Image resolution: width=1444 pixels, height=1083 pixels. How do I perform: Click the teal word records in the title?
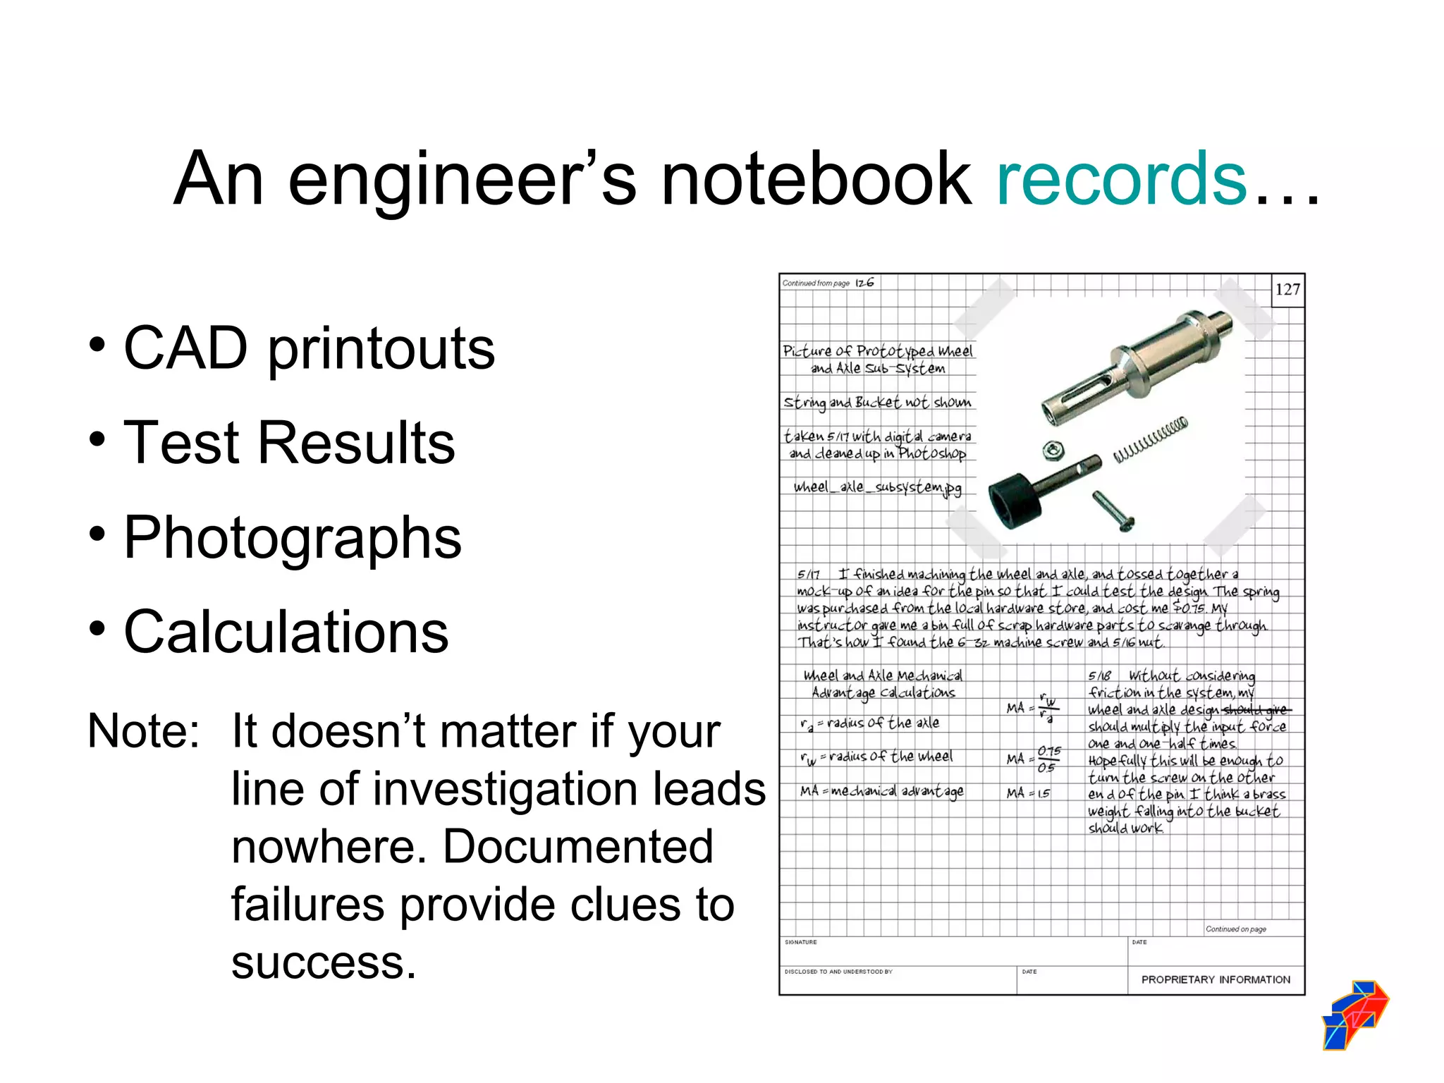[1121, 179]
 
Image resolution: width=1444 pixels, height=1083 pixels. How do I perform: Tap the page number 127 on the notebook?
[1287, 290]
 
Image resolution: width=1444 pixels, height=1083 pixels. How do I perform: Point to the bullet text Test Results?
[289, 442]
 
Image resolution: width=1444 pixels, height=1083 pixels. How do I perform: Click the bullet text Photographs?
[292, 537]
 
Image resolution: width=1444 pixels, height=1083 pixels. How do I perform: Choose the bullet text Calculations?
[286, 632]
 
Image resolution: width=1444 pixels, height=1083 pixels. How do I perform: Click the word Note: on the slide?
[144, 730]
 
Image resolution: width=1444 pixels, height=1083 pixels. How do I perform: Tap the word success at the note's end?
[324, 962]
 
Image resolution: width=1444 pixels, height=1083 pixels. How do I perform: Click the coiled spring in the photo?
[1151, 440]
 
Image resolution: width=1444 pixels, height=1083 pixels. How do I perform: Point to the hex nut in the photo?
[1053, 449]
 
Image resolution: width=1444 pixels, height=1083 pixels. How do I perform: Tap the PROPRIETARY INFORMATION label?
[1216, 979]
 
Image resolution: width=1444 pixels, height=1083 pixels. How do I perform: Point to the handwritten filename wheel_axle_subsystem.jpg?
[877, 487]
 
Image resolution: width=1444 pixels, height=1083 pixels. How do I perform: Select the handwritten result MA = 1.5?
[1029, 793]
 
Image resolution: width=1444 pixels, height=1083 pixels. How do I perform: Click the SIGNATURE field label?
[801, 942]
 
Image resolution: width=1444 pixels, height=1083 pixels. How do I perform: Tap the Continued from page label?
[816, 283]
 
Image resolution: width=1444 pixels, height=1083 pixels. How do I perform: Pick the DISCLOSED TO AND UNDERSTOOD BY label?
[838, 972]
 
